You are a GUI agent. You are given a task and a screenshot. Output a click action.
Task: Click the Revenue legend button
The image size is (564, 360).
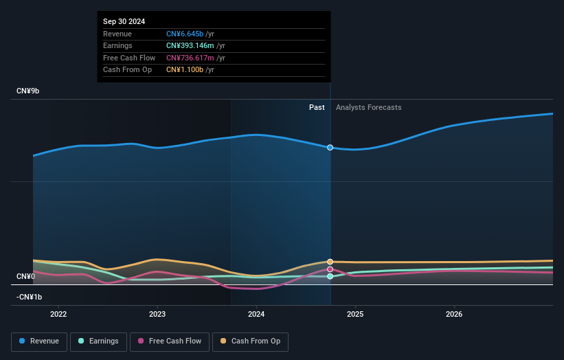coord(39,341)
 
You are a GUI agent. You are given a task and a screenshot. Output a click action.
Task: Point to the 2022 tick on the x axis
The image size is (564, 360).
coord(58,315)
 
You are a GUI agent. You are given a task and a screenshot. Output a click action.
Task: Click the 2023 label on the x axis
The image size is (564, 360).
coord(157,315)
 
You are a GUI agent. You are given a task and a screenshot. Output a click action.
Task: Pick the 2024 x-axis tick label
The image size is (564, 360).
coord(256,315)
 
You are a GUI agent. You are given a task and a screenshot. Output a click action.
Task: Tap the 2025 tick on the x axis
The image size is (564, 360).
coord(355,315)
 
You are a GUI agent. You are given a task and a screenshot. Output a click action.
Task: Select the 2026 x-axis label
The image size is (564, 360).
coord(454,315)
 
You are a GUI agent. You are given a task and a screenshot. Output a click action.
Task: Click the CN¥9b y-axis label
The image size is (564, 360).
coord(28,91)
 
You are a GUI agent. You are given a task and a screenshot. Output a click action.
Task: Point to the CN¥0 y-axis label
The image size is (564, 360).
coord(25,276)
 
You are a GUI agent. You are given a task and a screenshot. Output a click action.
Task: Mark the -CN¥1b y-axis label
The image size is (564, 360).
coord(29,297)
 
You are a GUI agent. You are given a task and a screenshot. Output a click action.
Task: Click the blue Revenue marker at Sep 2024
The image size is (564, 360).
coord(330,148)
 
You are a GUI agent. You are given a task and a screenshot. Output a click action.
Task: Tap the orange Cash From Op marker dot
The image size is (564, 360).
coord(330,262)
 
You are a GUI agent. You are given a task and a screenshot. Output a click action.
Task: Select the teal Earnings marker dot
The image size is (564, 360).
coord(330,276)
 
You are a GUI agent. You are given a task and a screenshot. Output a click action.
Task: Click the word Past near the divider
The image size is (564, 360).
coord(317,107)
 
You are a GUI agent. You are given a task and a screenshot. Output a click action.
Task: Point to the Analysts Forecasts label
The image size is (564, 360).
coord(368,107)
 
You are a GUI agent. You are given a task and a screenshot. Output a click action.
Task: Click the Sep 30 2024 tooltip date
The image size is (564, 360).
coord(124,22)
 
